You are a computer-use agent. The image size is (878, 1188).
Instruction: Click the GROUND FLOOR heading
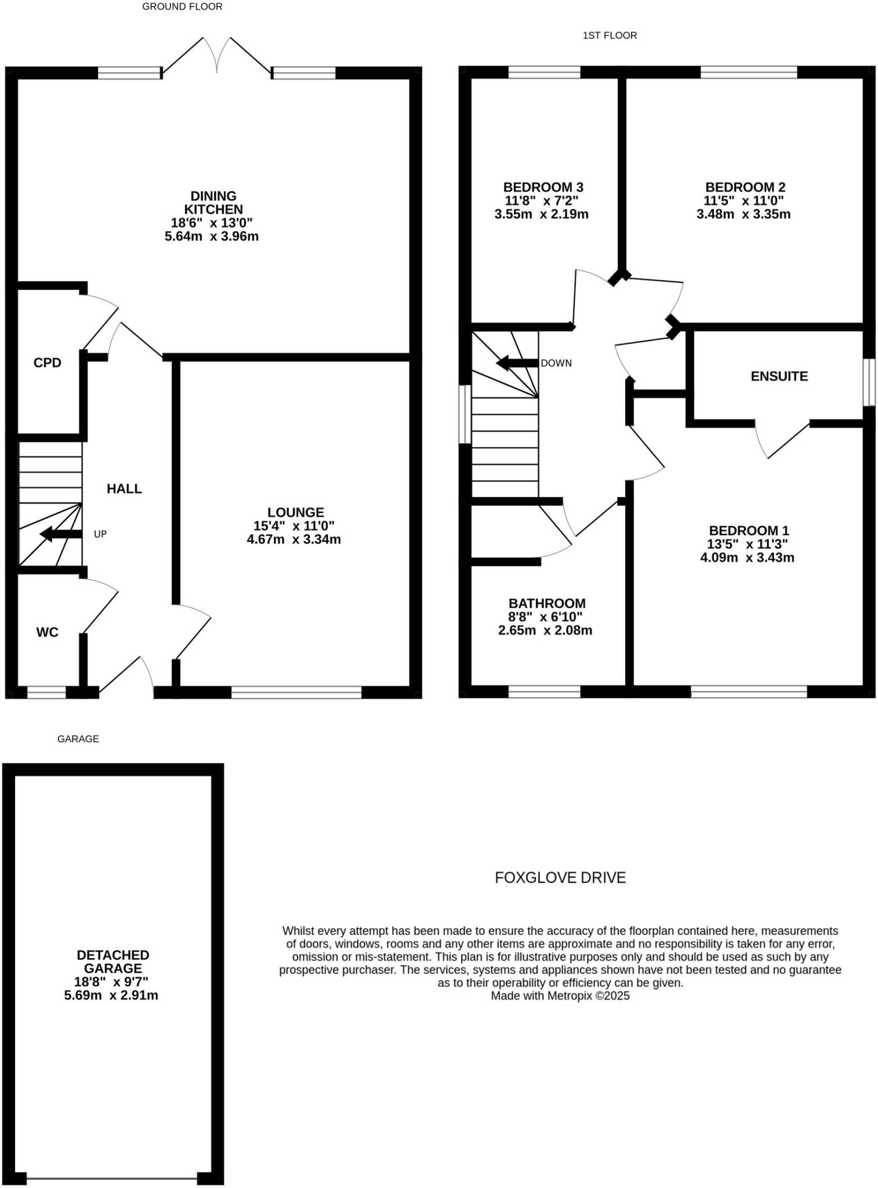click(182, 7)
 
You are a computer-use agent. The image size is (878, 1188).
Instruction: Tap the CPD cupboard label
click(47, 363)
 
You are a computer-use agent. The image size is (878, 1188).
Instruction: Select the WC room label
click(47, 632)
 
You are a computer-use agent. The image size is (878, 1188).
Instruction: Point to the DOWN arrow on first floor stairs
click(516, 364)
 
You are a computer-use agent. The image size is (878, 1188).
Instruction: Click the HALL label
click(124, 489)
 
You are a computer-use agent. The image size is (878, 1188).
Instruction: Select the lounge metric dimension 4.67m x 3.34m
click(293, 539)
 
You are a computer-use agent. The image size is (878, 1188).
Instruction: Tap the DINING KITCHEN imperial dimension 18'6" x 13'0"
click(212, 223)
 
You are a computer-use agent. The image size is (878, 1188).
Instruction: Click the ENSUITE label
click(779, 376)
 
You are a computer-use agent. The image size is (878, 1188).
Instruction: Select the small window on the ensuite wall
click(868, 382)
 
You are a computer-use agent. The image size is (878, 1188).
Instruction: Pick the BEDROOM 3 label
click(543, 187)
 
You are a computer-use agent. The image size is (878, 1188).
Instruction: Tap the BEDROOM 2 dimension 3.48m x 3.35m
click(743, 214)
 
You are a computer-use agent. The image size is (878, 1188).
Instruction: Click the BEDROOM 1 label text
click(749, 531)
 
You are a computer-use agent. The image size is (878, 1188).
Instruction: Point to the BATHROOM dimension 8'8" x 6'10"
click(545, 617)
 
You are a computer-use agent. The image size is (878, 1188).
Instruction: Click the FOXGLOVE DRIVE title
click(560, 878)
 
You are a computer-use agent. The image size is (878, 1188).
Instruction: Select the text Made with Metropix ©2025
click(560, 996)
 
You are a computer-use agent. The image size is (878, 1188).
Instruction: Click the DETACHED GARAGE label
click(113, 961)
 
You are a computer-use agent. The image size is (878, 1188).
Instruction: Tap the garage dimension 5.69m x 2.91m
click(111, 995)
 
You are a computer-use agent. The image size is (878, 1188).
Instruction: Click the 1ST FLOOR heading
click(609, 36)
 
